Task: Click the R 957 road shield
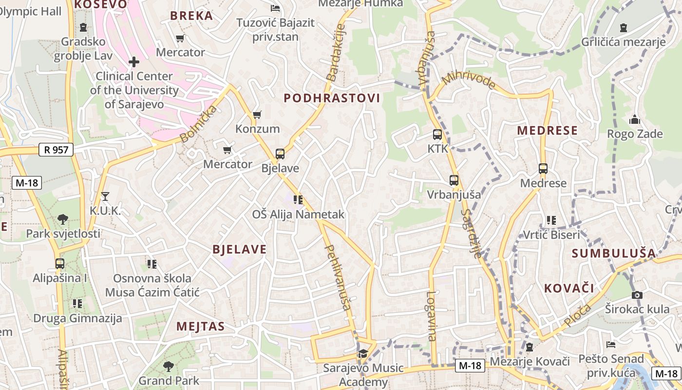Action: (56, 150)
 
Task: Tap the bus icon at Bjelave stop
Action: (280, 154)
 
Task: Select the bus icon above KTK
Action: (437, 135)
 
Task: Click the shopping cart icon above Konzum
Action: (257, 115)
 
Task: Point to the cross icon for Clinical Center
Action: (133, 62)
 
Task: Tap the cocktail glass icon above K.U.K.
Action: (105, 196)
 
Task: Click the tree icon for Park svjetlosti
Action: (63, 219)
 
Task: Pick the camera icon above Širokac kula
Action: (637, 295)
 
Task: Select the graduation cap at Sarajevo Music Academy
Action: (363, 353)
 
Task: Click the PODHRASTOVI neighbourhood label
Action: (332, 98)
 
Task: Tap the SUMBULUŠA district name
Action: (614, 253)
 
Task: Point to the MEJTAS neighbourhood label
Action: (200, 326)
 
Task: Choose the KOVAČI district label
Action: (569, 288)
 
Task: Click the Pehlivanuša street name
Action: (337, 277)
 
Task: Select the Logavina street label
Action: (431, 315)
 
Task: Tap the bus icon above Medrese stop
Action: (543, 169)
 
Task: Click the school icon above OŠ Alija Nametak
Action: (298, 199)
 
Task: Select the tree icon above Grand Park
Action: (169, 366)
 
